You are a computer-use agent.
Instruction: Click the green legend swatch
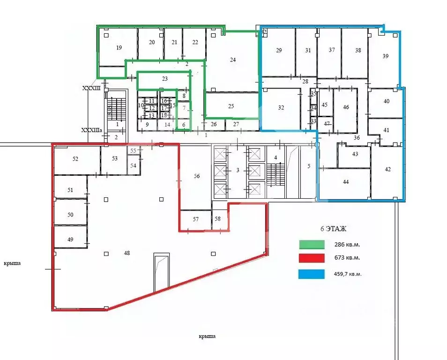(x=312, y=244)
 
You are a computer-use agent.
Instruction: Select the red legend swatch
(x=312, y=258)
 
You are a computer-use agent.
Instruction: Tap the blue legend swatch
(x=312, y=274)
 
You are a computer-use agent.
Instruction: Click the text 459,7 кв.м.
(x=348, y=274)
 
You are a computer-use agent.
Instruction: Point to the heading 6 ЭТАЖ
(x=333, y=229)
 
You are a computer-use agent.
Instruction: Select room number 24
(x=233, y=60)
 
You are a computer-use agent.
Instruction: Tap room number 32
(x=281, y=107)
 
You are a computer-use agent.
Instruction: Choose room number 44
(x=346, y=182)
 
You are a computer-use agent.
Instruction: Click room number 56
(x=197, y=176)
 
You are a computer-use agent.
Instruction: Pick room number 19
(x=119, y=47)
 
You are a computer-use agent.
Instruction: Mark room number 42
(x=387, y=169)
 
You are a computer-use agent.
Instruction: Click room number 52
(x=75, y=159)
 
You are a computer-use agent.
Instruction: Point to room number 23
(x=164, y=79)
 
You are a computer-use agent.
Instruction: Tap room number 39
(x=386, y=56)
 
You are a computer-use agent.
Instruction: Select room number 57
(x=195, y=219)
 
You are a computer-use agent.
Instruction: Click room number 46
(x=346, y=107)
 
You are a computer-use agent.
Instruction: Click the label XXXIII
(x=91, y=88)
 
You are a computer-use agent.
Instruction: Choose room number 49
(x=70, y=240)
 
